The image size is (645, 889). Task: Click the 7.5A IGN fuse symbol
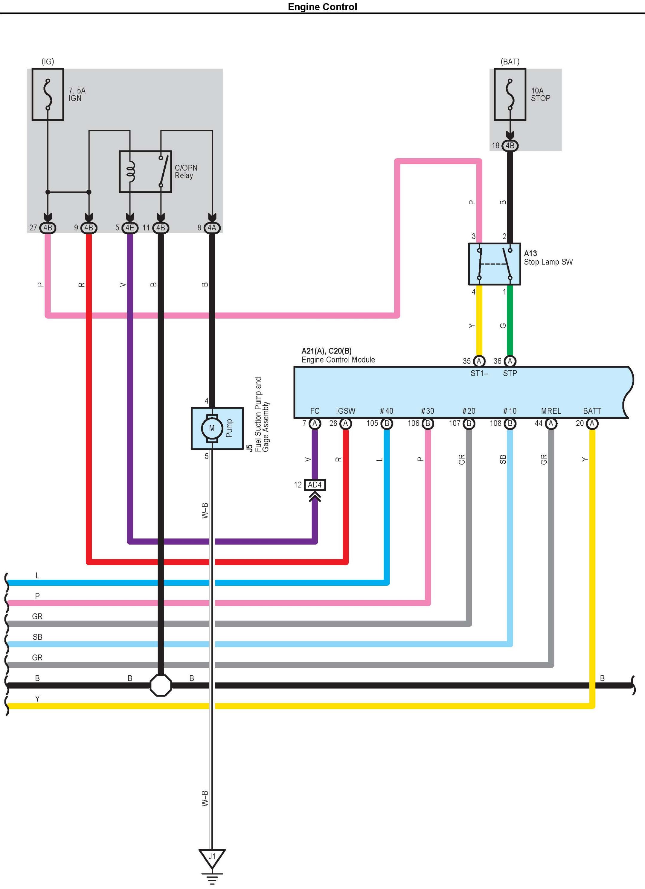tap(48, 95)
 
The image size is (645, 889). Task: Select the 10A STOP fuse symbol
tap(510, 95)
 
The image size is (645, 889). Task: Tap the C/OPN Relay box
tap(145, 172)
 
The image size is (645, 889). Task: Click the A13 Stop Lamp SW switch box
tap(495, 264)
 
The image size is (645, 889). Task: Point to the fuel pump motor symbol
tap(212, 428)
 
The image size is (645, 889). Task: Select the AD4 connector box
tap(315, 485)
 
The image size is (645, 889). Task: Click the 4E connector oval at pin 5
tap(130, 228)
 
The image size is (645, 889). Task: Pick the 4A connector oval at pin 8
tap(212, 228)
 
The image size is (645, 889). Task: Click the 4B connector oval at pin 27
tap(48, 228)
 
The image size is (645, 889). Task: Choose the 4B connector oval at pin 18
tap(510, 146)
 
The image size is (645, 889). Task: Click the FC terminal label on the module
tap(315, 411)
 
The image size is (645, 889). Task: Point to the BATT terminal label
tap(592, 411)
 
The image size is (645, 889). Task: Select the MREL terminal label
tap(551, 411)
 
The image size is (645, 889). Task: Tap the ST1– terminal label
tap(479, 373)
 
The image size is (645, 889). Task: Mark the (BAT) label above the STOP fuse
tap(510, 62)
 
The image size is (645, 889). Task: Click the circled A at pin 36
tap(510, 361)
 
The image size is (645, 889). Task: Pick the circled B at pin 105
tap(387, 423)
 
